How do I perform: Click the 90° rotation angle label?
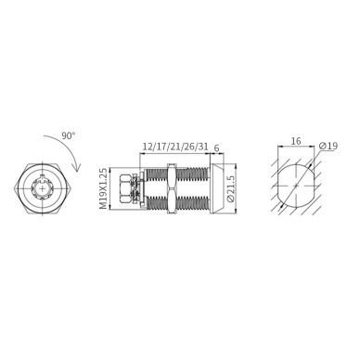(x=69, y=136)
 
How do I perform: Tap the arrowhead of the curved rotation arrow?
(x=76, y=167)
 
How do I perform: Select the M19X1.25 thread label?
(x=104, y=188)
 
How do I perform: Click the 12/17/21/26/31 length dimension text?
(x=174, y=147)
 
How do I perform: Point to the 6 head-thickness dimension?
(x=216, y=148)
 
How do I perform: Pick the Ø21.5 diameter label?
(x=231, y=188)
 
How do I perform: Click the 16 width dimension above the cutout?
(x=296, y=141)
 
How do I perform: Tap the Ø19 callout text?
(x=328, y=146)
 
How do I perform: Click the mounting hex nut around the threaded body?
(x=171, y=188)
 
